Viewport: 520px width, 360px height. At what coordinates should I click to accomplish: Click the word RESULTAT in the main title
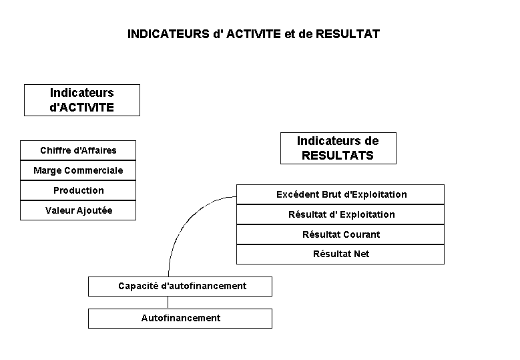348,34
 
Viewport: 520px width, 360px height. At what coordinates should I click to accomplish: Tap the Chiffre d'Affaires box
78,150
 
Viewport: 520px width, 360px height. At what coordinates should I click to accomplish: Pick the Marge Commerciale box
78,170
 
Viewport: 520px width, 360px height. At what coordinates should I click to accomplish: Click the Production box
78,190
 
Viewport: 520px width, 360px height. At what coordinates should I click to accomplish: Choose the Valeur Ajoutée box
78,210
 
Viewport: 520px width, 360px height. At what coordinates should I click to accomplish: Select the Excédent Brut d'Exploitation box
340,194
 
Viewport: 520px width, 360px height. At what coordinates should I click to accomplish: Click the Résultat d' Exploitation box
340,214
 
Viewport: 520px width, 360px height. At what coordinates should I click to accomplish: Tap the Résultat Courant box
340,234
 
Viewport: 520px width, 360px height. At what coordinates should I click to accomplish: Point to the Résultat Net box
340,254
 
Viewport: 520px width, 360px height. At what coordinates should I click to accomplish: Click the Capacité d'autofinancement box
180,287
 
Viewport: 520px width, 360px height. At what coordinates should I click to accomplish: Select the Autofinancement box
180,319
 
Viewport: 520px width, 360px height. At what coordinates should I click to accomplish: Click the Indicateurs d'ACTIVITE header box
82,100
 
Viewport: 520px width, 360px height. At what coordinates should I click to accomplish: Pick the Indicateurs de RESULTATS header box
338,148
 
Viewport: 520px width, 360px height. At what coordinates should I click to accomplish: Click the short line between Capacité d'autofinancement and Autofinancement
168,303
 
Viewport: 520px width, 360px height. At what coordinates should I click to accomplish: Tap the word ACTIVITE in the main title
254,34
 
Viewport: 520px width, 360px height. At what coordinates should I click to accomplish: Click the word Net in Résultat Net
362,254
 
